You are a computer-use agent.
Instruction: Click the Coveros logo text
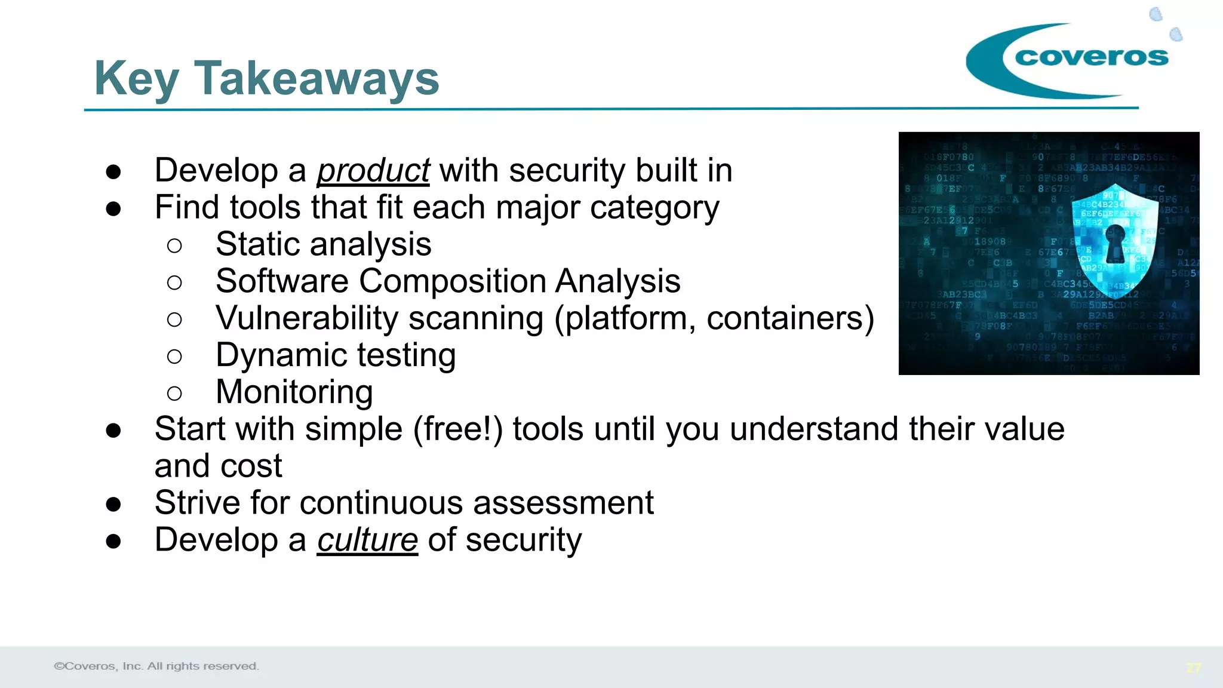(1091, 57)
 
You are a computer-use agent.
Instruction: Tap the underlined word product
(373, 171)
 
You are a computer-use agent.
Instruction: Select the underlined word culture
(367, 540)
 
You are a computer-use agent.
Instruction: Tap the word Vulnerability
(307, 318)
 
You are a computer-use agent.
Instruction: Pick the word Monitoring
(294, 392)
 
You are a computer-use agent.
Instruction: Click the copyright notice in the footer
(156, 666)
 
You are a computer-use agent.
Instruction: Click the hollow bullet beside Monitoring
(174, 394)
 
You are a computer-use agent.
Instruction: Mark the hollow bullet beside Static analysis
(174, 245)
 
